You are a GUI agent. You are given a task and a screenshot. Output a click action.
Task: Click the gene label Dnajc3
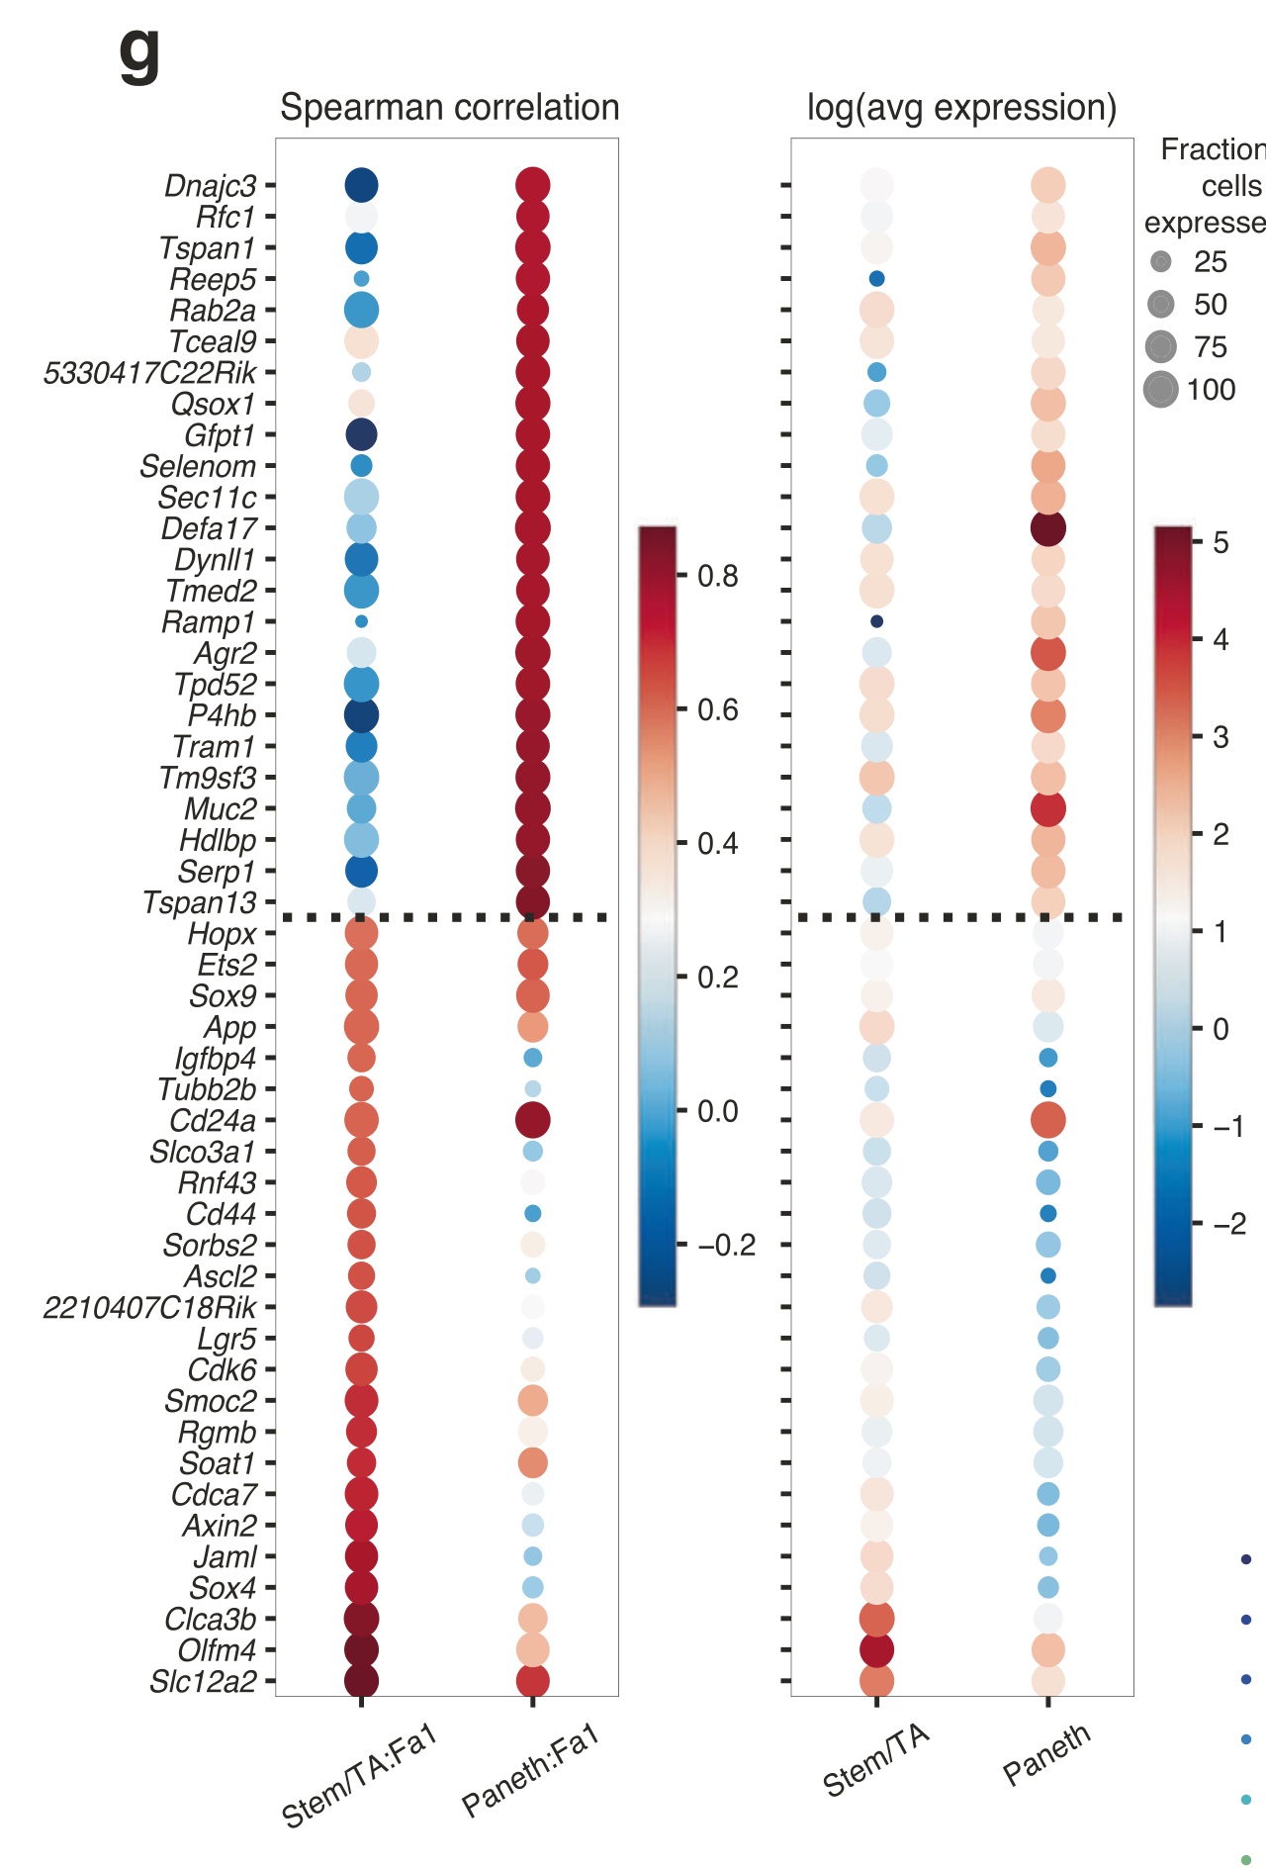click(x=210, y=186)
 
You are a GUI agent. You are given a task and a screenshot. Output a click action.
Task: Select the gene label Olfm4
click(x=217, y=1650)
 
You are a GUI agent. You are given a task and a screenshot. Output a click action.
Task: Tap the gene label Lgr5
click(x=226, y=1339)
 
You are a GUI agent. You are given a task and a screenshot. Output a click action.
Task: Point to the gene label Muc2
click(x=220, y=809)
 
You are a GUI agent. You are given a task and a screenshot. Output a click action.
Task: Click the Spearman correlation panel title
click(x=449, y=107)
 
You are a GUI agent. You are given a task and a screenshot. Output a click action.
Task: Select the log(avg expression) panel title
click(x=961, y=107)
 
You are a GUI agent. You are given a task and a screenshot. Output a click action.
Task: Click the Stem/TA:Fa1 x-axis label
click(x=358, y=1777)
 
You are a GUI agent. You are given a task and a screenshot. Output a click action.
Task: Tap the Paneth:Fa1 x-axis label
click(x=530, y=1771)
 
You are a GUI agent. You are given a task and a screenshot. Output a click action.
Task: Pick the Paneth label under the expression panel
click(x=1046, y=1754)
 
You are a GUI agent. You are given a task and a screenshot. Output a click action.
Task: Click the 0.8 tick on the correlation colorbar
click(x=717, y=576)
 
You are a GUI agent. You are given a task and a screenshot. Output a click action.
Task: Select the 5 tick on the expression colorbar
click(x=1221, y=542)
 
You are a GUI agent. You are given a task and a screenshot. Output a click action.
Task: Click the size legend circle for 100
click(x=1161, y=389)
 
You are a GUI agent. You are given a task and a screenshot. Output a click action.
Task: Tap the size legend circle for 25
click(x=1161, y=261)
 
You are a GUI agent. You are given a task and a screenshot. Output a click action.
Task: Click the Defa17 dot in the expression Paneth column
click(x=1048, y=528)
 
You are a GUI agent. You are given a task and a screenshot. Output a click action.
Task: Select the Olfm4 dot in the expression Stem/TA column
click(x=876, y=1649)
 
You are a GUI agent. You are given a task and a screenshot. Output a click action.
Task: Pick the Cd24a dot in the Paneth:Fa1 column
click(x=533, y=1120)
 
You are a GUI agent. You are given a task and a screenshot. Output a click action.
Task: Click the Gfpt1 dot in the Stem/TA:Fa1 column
click(x=361, y=434)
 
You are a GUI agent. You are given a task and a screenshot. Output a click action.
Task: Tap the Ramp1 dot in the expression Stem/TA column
click(x=876, y=621)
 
